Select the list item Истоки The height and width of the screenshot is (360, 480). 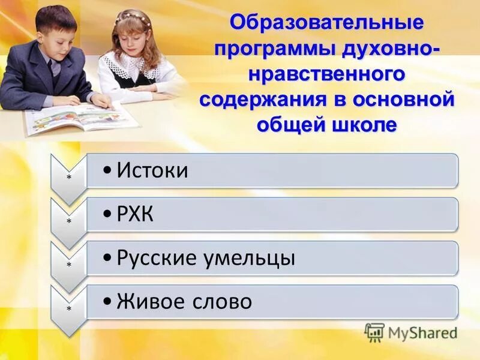pos(152,170)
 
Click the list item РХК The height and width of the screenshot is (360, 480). pos(136,214)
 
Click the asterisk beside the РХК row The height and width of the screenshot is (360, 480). pos(69,221)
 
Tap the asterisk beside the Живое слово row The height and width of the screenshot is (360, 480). pos(69,308)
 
